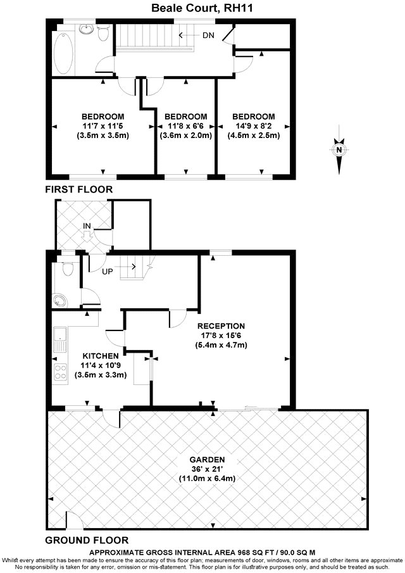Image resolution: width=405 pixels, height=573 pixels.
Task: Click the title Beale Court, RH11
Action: click(203, 8)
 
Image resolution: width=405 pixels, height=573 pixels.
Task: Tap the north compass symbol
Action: click(340, 151)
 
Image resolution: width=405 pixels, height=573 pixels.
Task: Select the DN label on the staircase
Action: click(208, 35)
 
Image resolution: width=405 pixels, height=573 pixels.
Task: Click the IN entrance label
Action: click(87, 226)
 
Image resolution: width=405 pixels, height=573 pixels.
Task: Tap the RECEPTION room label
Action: click(220, 326)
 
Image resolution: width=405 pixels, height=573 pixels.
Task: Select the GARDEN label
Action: click(208, 460)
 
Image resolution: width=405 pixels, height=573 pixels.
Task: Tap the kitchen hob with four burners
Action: click(61, 372)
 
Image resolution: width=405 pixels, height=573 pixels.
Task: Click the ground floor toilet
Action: click(68, 270)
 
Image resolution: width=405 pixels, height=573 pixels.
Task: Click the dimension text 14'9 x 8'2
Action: click(253, 126)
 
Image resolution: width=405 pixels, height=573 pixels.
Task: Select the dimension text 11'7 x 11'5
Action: click(103, 126)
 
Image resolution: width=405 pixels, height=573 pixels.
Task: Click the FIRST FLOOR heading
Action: click(78, 189)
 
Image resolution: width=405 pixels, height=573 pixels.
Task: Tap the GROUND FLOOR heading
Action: click(87, 540)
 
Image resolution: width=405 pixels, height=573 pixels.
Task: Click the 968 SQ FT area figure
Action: click(279, 552)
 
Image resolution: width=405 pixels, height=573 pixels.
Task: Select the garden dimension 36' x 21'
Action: click(208, 469)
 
